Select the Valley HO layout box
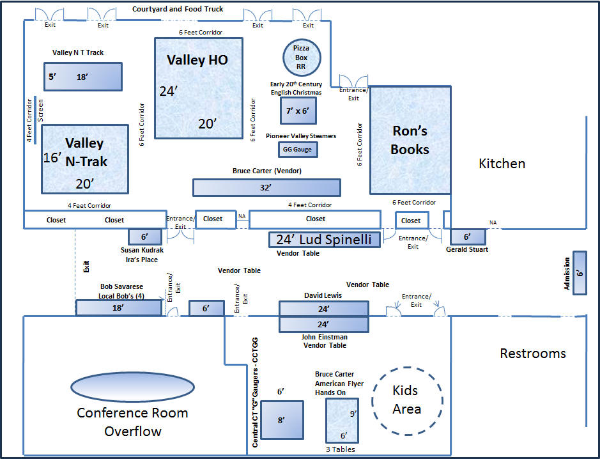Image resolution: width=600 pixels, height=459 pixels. tap(198, 87)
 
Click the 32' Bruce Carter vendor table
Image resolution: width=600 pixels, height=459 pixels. tap(266, 187)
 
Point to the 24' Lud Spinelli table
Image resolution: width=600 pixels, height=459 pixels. tap(325, 240)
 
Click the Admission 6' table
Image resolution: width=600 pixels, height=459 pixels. tap(580, 272)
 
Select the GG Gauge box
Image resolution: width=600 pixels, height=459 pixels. tap(297, 150)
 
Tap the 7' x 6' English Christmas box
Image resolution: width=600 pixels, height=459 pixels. tap(298, 111)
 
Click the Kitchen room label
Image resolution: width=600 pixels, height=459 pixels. tap(502, 164)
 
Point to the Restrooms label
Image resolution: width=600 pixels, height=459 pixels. tap(532, 353)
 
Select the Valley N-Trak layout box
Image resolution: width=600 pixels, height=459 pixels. tap(84, 159)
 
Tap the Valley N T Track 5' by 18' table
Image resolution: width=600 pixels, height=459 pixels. tap(82, 77)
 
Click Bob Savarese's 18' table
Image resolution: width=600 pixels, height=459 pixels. tap(119, 307)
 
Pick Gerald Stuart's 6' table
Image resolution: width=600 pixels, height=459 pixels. tap(467, 237)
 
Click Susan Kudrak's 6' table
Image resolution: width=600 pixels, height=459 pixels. tap(144, 237)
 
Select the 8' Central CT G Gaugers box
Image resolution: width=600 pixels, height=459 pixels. tap(282, 420)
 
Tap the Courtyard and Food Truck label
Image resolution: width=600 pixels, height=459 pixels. tap(178, 9)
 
